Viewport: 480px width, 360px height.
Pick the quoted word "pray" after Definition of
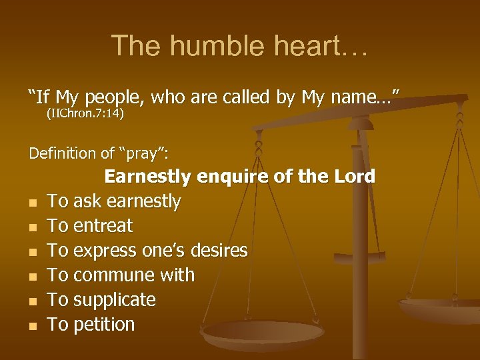click(x=142, y=153)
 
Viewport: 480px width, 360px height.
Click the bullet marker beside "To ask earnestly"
click(x=33, y=202)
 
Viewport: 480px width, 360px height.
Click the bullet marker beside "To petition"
click(x=33, y=326)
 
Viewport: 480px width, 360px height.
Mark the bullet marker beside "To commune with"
click(x=33, y=277)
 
